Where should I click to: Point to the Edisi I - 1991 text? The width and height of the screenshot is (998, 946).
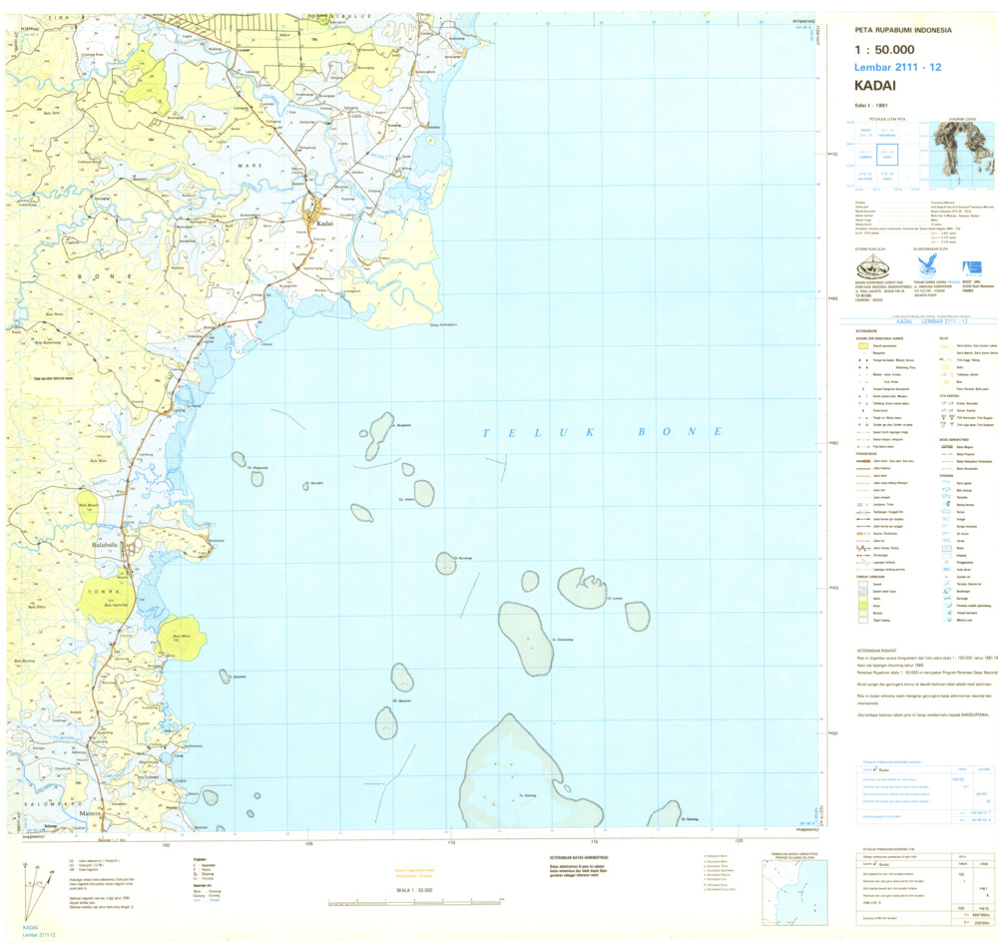pos(870,104)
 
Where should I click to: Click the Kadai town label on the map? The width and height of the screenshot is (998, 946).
pos(323,224)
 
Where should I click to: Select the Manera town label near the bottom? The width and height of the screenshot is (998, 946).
pos(88,813)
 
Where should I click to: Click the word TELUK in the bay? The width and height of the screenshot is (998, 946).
pos(516,432)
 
